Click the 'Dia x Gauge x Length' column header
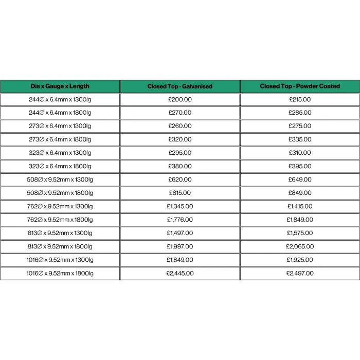pyautogui.click(x=60, y=86)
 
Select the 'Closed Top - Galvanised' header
pyautogui.click(x=179, y=86)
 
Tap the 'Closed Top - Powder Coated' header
pyautogui.click(x=300, y=86)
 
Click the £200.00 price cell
pyautogui.click(x=179, y=100)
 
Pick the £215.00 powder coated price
pyautogui.click(x=300, y=100)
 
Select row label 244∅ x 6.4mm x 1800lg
pyautogui.click(x=60, y=113)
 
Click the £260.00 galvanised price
pyautogui.click(x=179, y=126)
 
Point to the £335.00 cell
pyautogui.click(x=300, y=139)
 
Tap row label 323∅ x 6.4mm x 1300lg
pyautogui.click(x=60, y=153)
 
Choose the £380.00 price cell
pyautogui.click(x=179, y=166)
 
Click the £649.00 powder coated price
pyautogui.click(x=300, y=179)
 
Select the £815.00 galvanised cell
pyautogui.click(x=179, y=193)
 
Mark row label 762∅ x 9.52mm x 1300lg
pyautogui.click(x=60, y=206)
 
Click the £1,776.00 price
pyautogui.click(x=179, y=220)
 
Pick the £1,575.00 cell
pyautogui.click(x=300, y=233)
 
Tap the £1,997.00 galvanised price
pyautogui.click(x=179, y=246)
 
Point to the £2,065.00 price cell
pyautogui.click(x=300, y=246)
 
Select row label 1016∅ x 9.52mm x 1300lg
pyautogui.click(x=60, y=260)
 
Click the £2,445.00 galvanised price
pyautogui.click(x=179, y=273)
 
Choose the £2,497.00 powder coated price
pyautogui.click(x=300, y=273)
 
